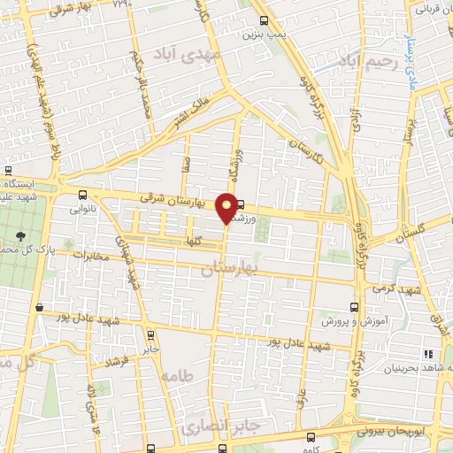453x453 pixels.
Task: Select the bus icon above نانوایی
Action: point(82,195)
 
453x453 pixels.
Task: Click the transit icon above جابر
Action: point(150,335)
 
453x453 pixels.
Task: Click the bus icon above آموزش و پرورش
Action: point(354,307)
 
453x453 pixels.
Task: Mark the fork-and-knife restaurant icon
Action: point(429,353)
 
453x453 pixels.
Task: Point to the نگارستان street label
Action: point(305,144)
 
